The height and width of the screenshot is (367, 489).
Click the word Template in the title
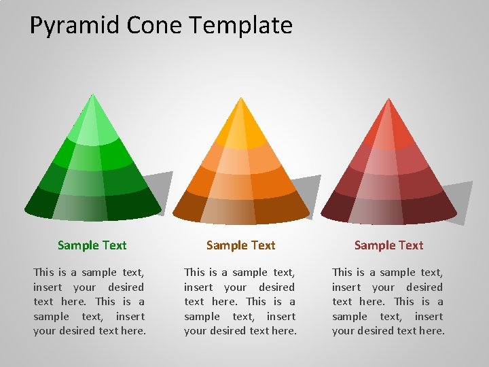241,26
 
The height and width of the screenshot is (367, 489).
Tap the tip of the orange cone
241,99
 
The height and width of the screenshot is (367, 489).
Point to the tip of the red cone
389,101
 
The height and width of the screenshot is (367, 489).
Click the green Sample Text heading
92,245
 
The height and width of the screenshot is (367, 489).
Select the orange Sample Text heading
240,245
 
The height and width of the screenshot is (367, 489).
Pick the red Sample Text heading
388,245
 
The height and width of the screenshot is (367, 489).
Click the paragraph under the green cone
89,301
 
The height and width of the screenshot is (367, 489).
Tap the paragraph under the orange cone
240,301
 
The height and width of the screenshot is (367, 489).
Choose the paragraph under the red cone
388,301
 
